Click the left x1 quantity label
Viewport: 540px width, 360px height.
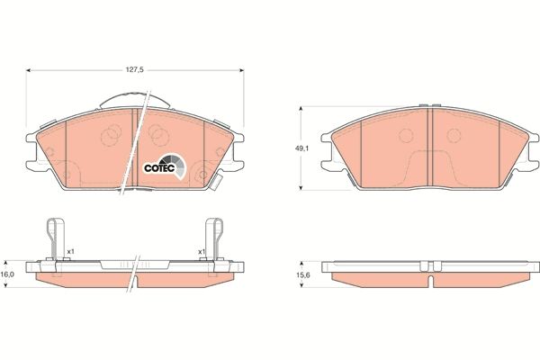tap(70, 251)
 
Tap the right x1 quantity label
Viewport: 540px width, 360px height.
tap(202, 251)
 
